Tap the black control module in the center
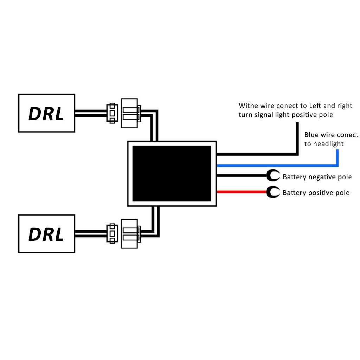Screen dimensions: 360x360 coord(172,174)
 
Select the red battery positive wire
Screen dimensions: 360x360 coord(242,192)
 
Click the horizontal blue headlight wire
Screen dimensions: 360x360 coord(277,166)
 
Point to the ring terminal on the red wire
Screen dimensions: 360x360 coord(273,192)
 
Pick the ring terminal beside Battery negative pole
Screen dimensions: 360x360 coord(273,176)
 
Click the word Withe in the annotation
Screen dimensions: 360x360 coord(249,105)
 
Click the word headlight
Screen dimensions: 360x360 coord(329,144)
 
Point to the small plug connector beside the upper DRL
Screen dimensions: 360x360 coord(112,113)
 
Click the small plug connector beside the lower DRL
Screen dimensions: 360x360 coord(112,234)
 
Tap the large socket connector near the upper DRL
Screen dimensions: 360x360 coord(130,113)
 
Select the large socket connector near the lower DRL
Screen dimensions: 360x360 coord(130,234)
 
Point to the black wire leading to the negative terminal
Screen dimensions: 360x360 coord(242,176)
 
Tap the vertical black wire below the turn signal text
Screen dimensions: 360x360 coord(297,139)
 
